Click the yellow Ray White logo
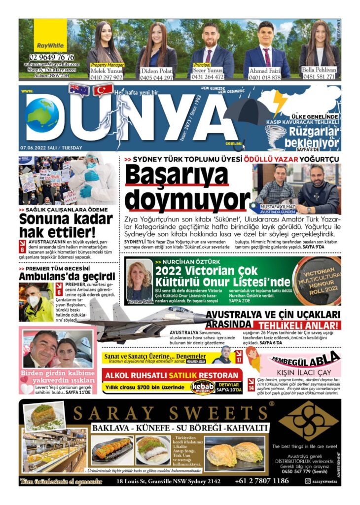tap(50, 36)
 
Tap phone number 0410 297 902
tap(106, 77)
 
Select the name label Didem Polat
tap(157, 71)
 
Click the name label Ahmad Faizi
tap(265, 71)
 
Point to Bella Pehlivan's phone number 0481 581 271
tap(319, 76)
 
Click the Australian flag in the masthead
tap(79, 89)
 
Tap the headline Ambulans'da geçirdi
tap(67, 276)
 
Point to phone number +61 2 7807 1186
tap(262, 481)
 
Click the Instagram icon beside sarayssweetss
tap(308, 481)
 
